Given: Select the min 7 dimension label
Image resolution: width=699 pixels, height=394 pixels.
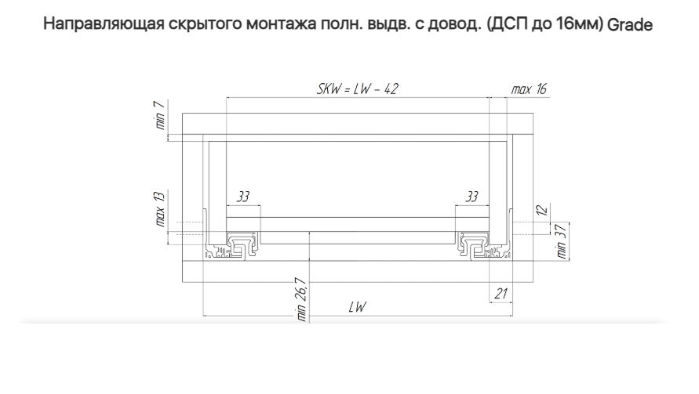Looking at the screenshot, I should point(159,115).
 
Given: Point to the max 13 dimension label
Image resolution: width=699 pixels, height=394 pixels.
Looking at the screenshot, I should point(159,206).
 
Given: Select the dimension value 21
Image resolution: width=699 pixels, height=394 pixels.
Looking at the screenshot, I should point(500,294).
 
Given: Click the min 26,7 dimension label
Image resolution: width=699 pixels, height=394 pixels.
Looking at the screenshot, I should point(302,298).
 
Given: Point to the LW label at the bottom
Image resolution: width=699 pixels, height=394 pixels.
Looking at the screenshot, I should point(357,308).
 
